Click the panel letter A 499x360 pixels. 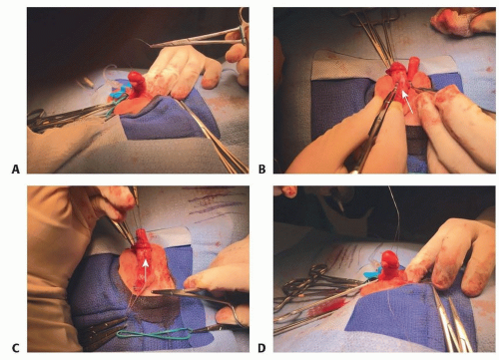pos(16,170)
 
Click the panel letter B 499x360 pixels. pos(262,170)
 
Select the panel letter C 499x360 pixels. pos(16,348)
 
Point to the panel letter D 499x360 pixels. pos(262,348)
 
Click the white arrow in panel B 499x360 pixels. pos(407,102)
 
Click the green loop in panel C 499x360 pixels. pos(154,333)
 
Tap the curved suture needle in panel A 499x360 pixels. pos(142,44)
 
